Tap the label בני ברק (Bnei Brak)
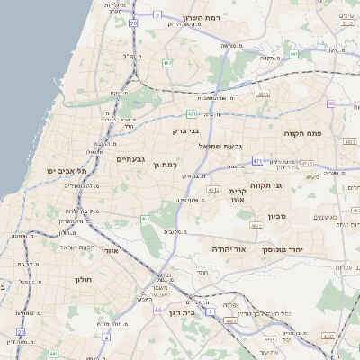pyautogui.click(x=185, y=131)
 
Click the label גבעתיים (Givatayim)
pyautogui.click(x=130, y=159)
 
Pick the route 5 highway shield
pyautogui.click(x=156, y=14)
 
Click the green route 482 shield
pyautogui.click(x=168, y=63)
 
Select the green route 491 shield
pyautogui.click(x=294, y=55)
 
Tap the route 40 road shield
pyautogui.click(x=331, y=103)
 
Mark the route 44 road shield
pyautogui.click(x=157, y=310)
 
